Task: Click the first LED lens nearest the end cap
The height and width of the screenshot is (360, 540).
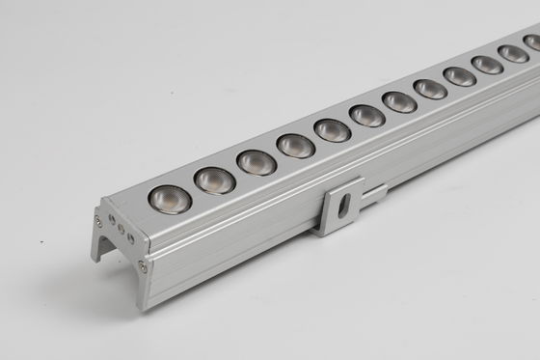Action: (x=169, y=198)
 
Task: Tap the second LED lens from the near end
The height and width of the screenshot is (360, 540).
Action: (x=214, y=180)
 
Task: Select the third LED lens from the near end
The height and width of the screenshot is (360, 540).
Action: (x=256, y=162)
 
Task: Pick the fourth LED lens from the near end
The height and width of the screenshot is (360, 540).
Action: (x=296, y=146)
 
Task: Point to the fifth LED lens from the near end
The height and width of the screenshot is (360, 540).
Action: (x=333, y=130)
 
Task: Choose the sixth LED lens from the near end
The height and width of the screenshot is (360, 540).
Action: (x=367, y=116)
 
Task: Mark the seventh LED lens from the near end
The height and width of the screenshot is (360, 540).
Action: (x=399, y=101)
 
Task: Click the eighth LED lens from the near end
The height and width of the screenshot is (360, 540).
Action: (x=430, y=89)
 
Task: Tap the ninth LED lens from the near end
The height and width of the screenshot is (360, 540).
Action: (x=460, y=76)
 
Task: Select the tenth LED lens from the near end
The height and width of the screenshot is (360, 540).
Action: (x=488, y=65)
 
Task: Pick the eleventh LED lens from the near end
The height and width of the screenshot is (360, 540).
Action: (x=514, y=54)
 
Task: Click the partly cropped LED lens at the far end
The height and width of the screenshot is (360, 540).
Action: (x=533, y=43)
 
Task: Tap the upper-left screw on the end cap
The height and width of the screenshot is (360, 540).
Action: (x=98, y=222)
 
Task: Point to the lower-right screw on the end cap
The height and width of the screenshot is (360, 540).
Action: (x=143, y=265)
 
